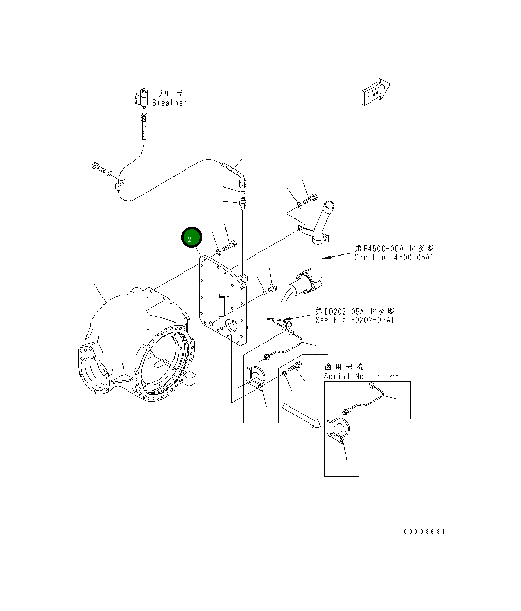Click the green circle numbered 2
[192, 239]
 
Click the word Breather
[169, 103]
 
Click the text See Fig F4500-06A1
[394, 257]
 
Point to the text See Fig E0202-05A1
[355, 320]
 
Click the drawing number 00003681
[424, 531]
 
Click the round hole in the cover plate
[232, 327]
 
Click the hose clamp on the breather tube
[120, 185]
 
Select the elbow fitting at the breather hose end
[242, 180]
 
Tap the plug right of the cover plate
[273, 286]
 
